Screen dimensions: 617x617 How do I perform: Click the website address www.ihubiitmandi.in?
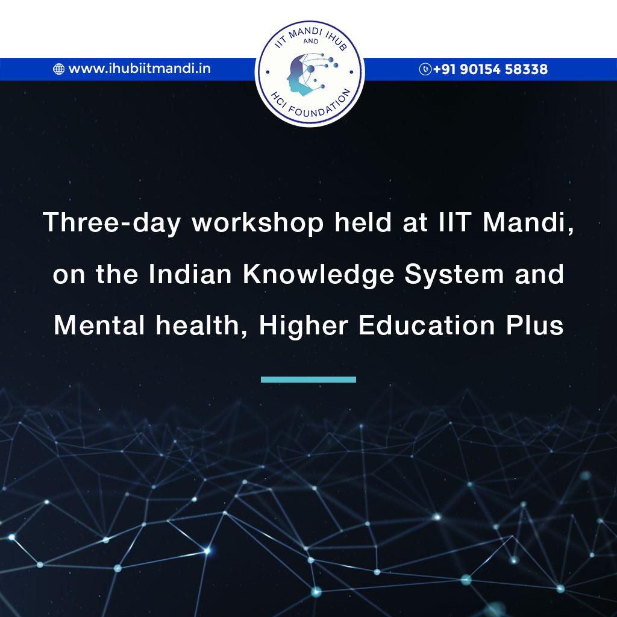click(x=139, y=69)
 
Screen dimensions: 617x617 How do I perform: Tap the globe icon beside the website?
click(x=58, y=69)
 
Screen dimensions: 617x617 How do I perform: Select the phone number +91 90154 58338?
click(x=490, y=69)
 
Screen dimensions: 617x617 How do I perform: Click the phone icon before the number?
click(x=425, y=69)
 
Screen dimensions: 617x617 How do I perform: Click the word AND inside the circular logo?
click(x=311, y=41)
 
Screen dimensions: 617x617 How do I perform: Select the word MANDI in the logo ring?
click(x=305, y=33)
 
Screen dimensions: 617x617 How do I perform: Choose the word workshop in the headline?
click(x=258, y=223)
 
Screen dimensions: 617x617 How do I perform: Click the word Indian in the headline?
click(x=190, y=274)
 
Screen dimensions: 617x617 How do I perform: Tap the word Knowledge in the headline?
click(x=318, y=275)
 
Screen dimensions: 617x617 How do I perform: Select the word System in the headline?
click(x=454, y=275)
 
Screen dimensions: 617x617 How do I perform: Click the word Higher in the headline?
click(x=304, y=326)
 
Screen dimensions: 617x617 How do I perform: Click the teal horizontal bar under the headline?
click(x=308, y=380)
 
